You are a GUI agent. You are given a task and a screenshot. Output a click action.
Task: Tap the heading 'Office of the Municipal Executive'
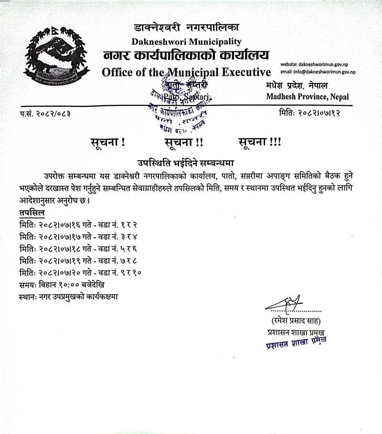pyautogui.click(x=186, y=72)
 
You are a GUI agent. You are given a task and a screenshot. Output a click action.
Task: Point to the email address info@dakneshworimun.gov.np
pyautogui.click(x=318, y=72)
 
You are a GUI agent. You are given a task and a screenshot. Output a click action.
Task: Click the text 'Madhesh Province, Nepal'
pyautogui.click(x=308, y=97)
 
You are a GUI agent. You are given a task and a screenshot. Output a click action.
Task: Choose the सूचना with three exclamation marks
pyautogui.click(x=259, y=142)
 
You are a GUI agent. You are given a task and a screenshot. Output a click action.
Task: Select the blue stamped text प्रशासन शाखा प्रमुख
pyautogui.click(x=296, y=343)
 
